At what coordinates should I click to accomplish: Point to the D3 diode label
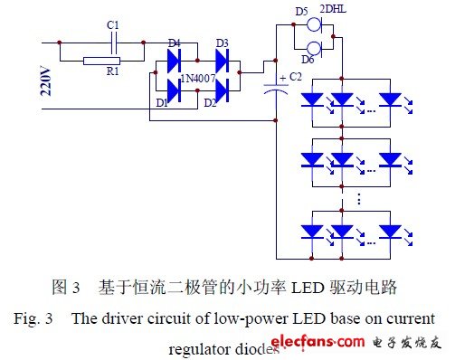(222, 43)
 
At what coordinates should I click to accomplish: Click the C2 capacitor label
(296, 77)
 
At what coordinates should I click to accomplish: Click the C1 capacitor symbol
(112, 41)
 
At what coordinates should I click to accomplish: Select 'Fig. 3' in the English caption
(36, 319)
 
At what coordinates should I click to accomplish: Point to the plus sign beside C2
(284, 77)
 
